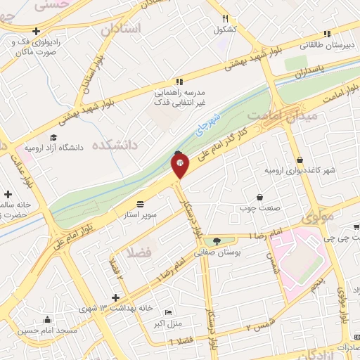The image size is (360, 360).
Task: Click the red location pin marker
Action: click(x=180, y=165)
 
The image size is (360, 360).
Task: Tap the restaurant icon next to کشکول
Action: click(x=225, y=19)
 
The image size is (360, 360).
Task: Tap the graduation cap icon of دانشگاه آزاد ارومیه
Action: click(x=53, y=137)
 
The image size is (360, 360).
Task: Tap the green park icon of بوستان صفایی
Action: click(x=216, y=240)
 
